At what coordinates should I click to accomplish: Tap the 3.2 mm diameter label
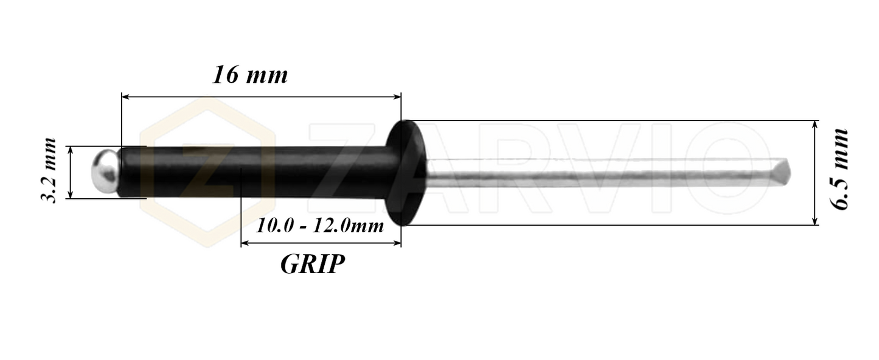tap(49, 171)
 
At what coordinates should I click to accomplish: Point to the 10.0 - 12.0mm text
tap(320, 226)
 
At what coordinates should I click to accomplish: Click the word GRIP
tap(313, 264)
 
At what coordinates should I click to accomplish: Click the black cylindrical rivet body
tap(255, 172)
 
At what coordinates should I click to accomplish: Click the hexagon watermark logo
tap(207, 173)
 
